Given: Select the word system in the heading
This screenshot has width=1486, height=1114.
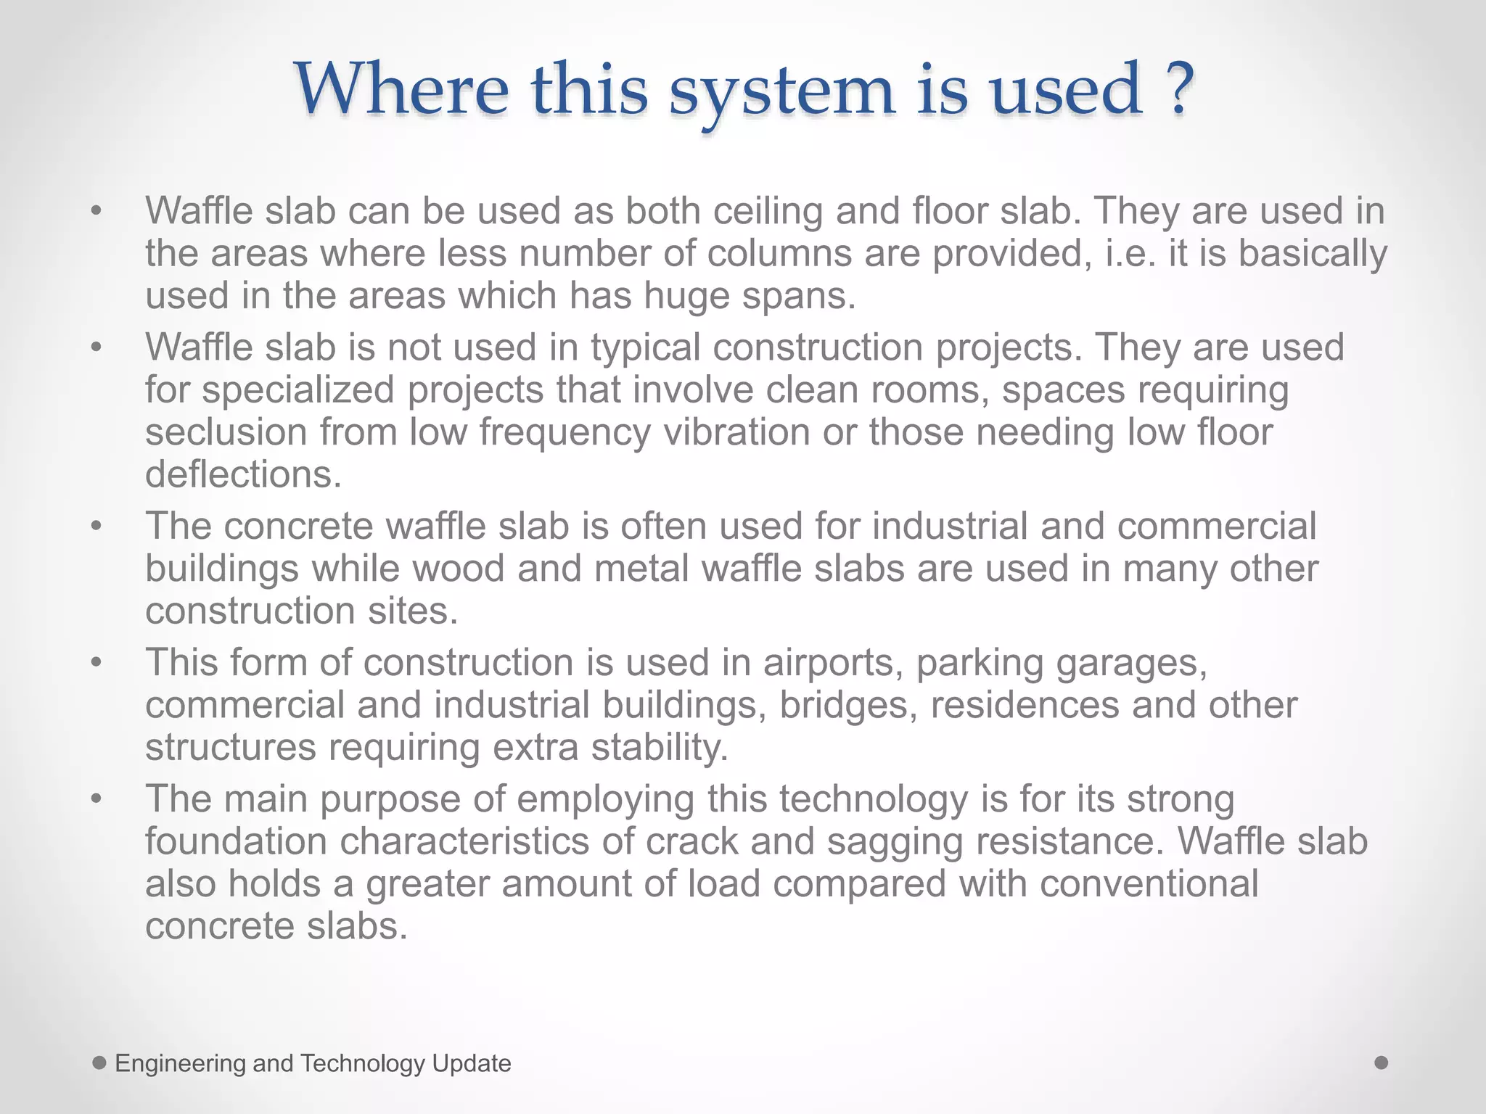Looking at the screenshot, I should pyautogui.click(x=782, y=91).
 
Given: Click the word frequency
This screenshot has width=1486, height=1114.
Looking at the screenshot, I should pyautogui.click(x=565, y=432).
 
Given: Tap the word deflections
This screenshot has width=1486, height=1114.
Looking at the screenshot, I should pyautogui.click(x=243, y=474).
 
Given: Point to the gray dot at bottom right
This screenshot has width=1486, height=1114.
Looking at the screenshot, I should pyautogui.click(x=1382, y=1063).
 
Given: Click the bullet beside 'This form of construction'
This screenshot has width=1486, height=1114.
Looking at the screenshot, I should pyautogui.click(x=97, y=663).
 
